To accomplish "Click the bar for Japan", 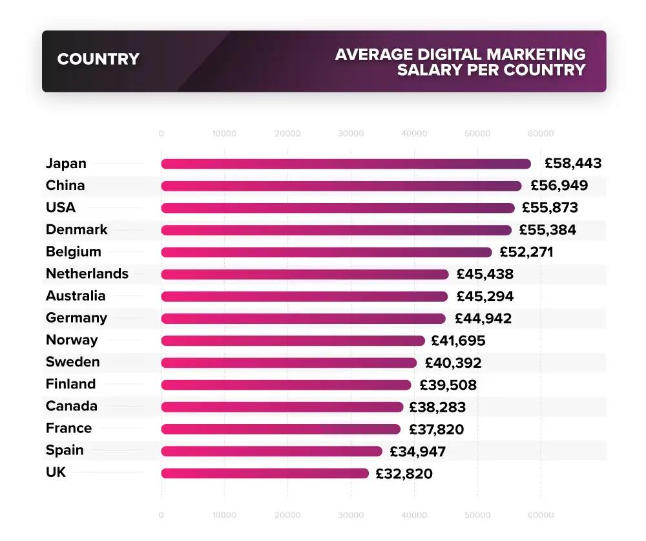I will pos(346,164).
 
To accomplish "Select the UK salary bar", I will pos(265,473).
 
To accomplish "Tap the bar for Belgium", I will pos(326,252).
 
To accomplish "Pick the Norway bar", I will pos(293,341).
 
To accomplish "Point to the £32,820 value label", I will pos(404,474).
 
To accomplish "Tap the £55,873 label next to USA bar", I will pos(550,208).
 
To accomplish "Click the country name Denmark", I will pos(77,230).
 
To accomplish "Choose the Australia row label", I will pos(76,296).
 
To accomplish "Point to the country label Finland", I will pos(70,384).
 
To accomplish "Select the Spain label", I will pos(65,451).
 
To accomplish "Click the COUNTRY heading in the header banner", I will pos(98,59).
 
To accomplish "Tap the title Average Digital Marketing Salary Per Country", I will pos(460,62).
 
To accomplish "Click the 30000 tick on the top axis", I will pos(351,134).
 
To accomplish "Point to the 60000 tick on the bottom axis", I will pos(541,516).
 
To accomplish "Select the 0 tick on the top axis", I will pos(161,134).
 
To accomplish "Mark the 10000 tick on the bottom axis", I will pos(224,516).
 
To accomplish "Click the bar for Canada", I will pos(282,407).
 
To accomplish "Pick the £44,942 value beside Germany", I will pos(483,319).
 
